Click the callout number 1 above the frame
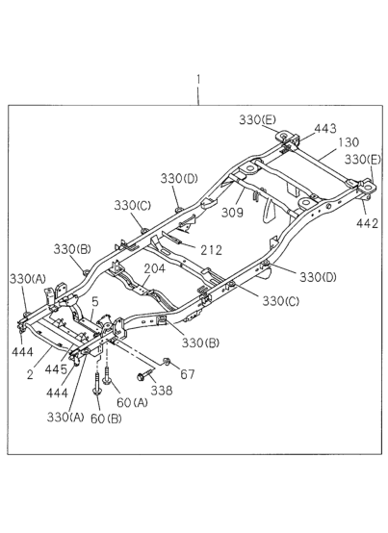tap(198, 81)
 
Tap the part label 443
tap(325, 129)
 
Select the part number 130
tap(349, 142)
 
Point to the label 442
tap(367, 223)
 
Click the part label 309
tap(233, 213)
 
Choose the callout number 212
tap(211, 250)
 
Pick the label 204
tap(155, 268)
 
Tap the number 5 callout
tap(95, 302)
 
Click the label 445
tap(57, 369)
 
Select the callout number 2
tap(30, 374)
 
